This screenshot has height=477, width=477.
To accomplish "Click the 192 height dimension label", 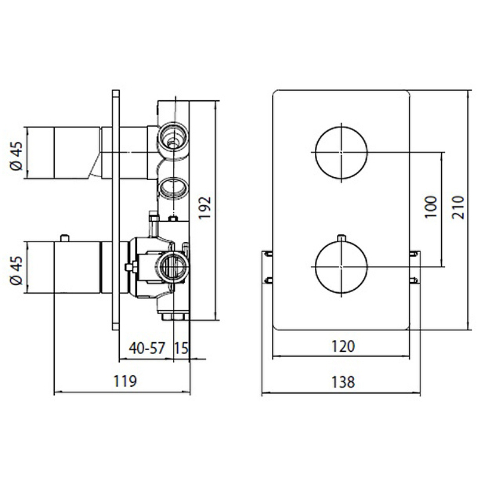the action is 205,207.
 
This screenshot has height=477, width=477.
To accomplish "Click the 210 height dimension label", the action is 458,207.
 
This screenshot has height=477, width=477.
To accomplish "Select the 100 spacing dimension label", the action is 430,207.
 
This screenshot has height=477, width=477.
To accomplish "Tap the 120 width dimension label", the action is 343,346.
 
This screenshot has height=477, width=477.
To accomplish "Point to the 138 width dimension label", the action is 343,382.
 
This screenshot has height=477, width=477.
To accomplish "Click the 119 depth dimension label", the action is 125,381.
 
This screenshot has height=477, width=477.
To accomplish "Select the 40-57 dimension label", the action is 147,348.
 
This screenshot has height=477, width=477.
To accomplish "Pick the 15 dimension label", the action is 181,348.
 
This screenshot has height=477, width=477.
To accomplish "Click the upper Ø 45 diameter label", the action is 17,156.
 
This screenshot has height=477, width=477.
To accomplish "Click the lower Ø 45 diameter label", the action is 17,270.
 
